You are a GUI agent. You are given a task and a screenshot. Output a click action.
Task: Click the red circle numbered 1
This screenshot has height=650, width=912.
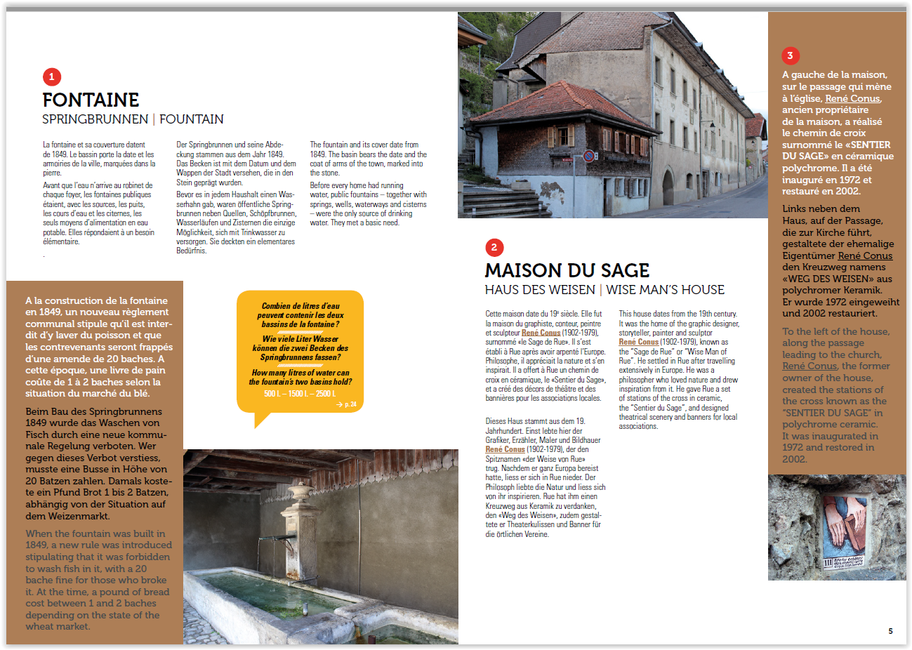pyautogui.click(x=51, y=77)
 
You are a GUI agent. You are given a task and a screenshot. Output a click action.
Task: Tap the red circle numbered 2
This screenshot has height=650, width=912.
pyautogui.click(x=494, y=247)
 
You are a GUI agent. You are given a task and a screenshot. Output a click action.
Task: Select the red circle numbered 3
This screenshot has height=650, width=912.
pyautogui.click(x=790, y=55)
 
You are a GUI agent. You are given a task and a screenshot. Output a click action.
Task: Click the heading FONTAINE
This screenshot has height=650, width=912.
pyautogui.click(x=91, y=100)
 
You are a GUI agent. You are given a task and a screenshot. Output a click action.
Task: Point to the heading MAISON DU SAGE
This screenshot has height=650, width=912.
pyautogui.click(x=567, y=270)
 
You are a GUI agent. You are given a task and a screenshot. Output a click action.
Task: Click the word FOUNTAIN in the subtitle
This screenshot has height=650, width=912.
pyautogui.click(x=192, y=119)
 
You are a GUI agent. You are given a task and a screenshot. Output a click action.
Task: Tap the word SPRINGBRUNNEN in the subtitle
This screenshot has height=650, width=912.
pyautogui.click(x=95, y=119)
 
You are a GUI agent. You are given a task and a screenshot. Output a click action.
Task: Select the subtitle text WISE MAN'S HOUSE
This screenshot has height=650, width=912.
pyautogui.click(x=665, y=290)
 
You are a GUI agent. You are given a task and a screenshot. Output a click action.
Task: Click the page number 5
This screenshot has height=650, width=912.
pyautogui.click(x=890, y=631)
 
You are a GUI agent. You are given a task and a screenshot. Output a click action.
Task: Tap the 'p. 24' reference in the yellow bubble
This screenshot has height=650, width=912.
pyautogui.click(x=347, y=404)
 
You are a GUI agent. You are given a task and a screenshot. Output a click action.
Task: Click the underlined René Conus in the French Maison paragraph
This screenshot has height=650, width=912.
pyautogui.click(x=541, y=333)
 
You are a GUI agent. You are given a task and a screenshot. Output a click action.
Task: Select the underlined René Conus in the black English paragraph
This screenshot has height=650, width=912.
pyautogui.click(x=638, y=342)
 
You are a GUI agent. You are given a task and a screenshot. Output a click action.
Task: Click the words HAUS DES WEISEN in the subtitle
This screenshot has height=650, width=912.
pyautogui.click(x=539, y=290)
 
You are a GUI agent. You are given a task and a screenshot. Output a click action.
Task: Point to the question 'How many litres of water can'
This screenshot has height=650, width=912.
pyautogui.click(x=300, y=373)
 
